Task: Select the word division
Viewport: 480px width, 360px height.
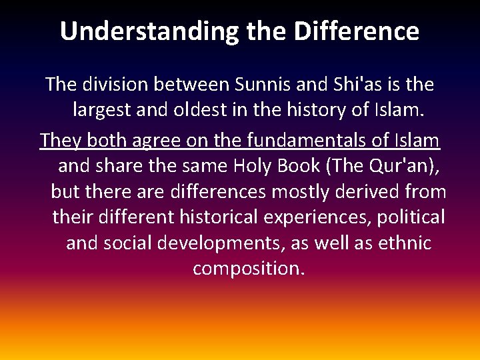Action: pos(115,85)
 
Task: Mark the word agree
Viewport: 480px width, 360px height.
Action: pos(150,141)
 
